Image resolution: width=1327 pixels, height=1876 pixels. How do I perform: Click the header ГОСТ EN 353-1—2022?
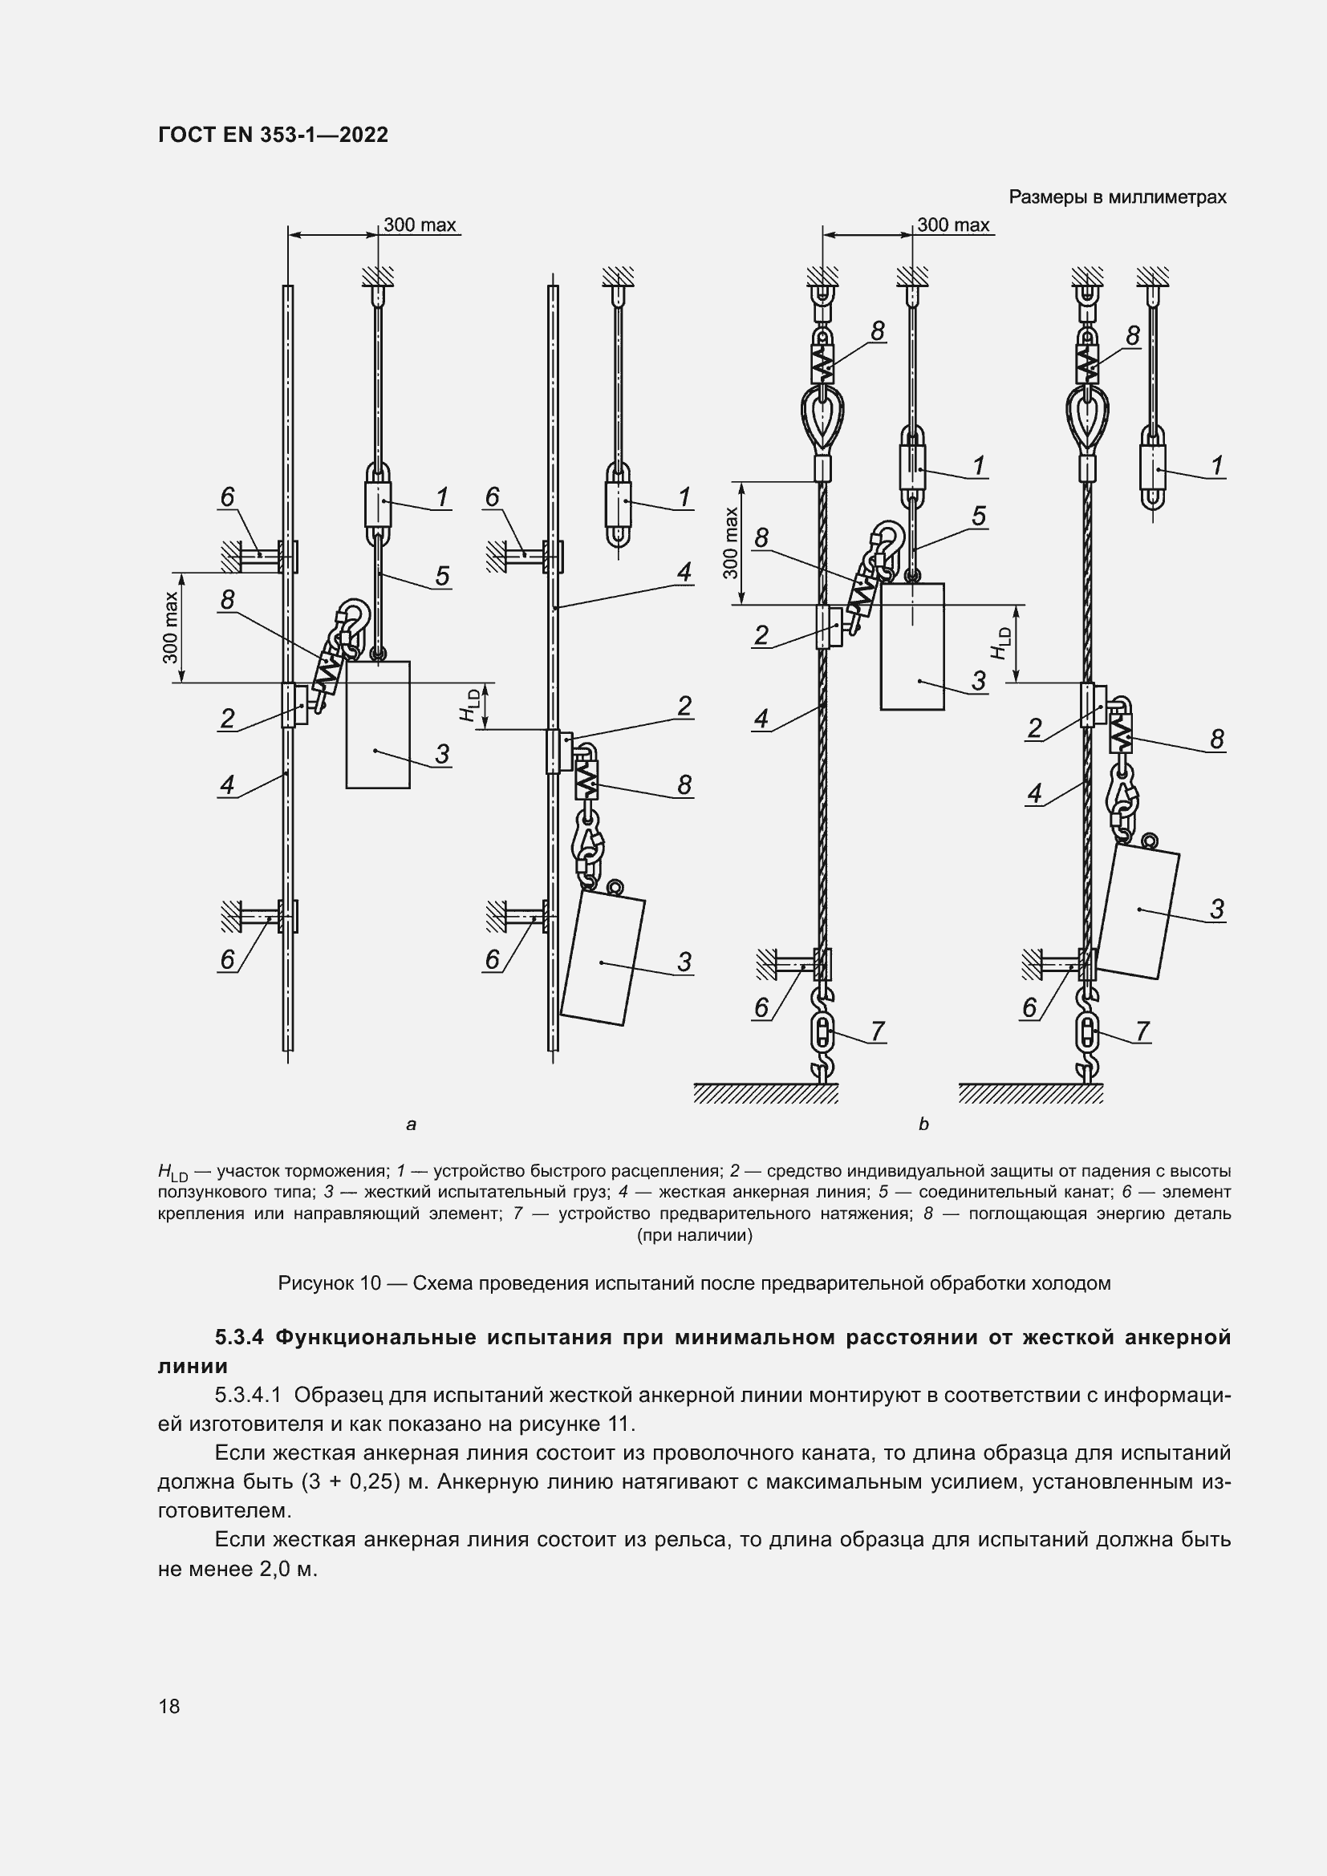273,135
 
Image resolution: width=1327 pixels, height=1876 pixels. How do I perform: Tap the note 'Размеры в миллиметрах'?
1117,197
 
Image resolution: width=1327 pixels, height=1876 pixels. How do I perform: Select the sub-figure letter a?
411,1124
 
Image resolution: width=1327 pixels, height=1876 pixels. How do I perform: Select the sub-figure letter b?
923,1124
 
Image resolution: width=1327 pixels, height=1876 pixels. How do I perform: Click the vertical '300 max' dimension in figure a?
171,626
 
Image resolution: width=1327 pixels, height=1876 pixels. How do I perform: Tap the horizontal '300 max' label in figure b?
953,225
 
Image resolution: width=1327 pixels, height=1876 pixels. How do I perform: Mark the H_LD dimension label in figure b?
1002,643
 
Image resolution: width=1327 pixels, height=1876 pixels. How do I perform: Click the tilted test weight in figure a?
603,960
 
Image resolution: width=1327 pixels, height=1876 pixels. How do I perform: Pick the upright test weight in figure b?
912,646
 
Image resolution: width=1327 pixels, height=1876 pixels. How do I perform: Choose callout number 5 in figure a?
442,576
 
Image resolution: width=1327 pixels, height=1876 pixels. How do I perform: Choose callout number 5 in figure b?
978,516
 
